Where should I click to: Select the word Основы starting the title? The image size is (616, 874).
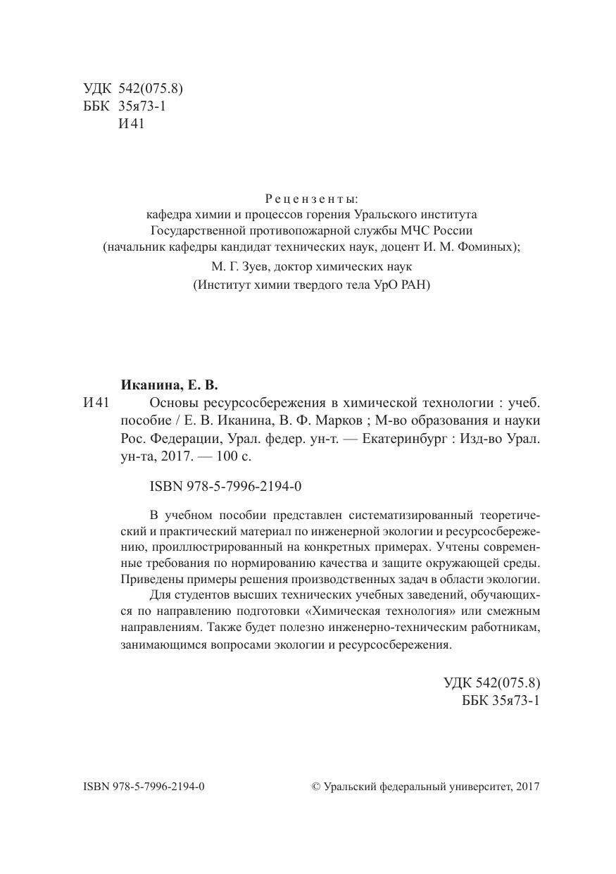[x=174, y=403]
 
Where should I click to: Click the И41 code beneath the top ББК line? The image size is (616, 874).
[x=132, y=125]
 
